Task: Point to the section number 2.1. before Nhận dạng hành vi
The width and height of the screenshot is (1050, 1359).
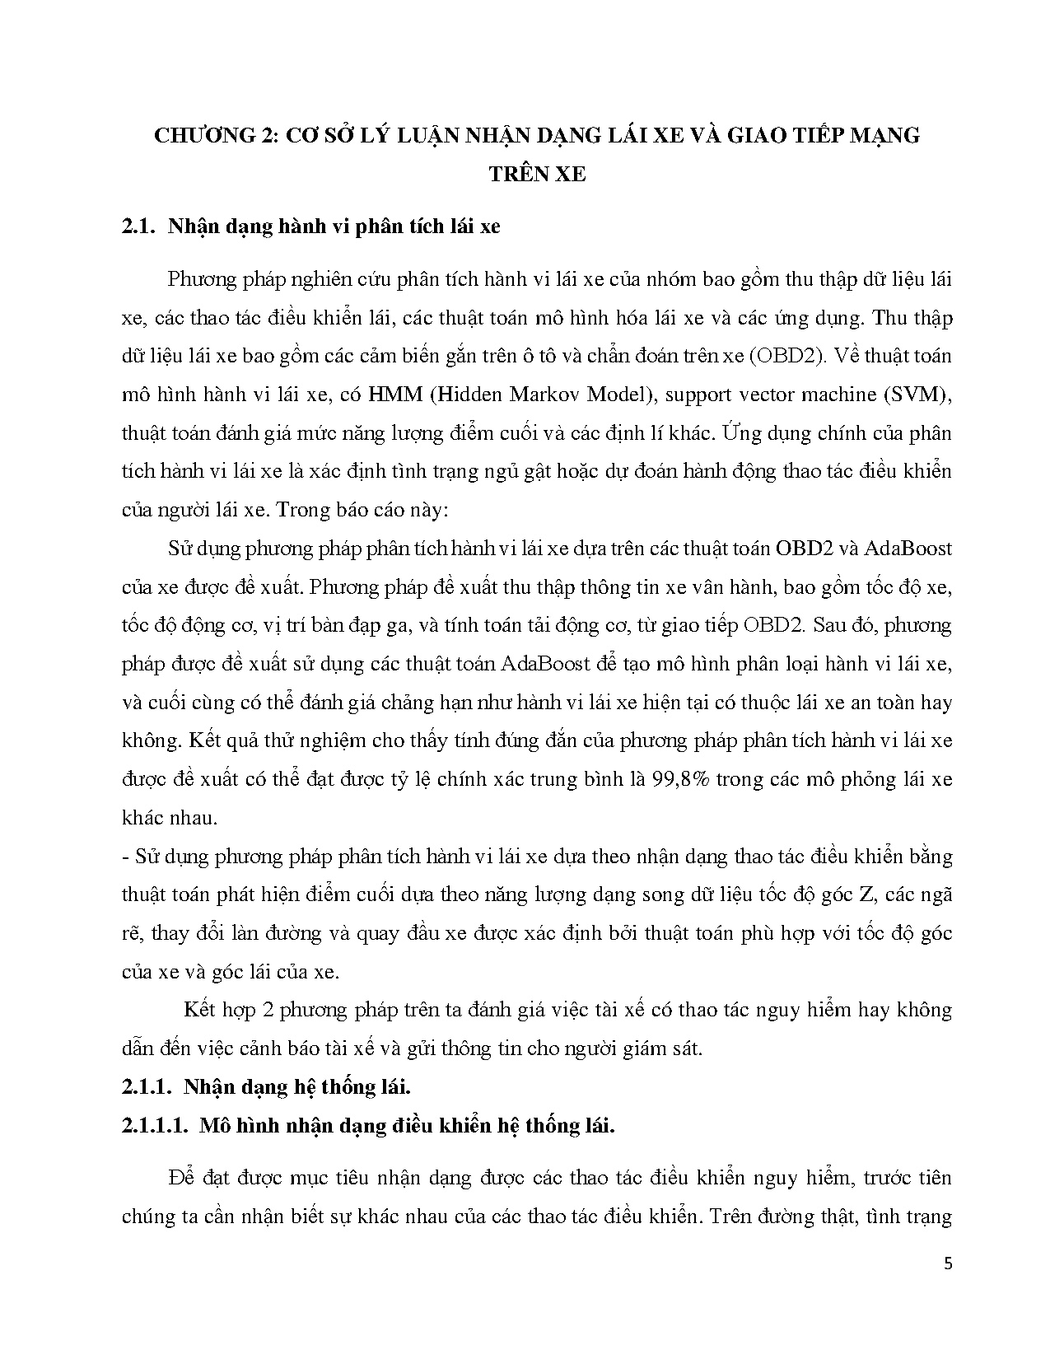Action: coord(137,227)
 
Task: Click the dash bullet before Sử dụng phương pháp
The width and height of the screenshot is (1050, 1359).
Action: coord(124,857)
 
